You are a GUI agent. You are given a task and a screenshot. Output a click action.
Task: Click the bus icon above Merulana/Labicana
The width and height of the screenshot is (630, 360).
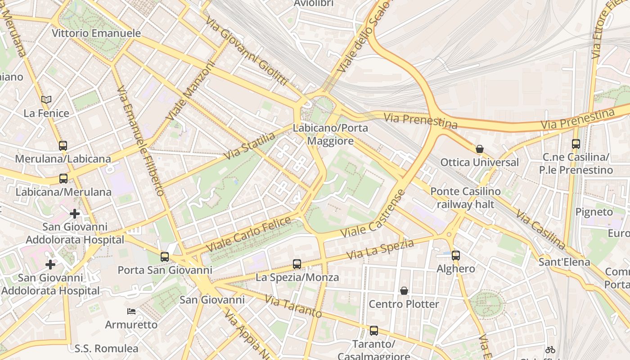point(63,145)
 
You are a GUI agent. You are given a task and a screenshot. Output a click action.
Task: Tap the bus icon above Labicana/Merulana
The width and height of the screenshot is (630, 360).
point(63,178)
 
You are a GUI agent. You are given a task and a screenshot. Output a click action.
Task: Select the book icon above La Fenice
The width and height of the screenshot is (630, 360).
point(46,99)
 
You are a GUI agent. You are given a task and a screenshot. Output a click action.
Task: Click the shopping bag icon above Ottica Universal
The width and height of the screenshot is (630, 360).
point(480,149)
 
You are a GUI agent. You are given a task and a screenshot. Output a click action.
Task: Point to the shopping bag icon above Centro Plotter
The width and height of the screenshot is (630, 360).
point(404,291)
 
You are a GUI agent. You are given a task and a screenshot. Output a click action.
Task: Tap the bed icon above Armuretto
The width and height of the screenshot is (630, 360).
point(131,311)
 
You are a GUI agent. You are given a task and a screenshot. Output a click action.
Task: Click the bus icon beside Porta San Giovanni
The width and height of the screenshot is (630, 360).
point(165,257)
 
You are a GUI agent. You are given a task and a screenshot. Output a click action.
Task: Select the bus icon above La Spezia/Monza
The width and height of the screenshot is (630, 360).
point(297,264)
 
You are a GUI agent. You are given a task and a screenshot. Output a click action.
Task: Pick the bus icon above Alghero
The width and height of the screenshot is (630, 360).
point(456,256)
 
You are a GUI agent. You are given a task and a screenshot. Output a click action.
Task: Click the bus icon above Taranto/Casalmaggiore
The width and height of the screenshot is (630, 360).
point(374,331)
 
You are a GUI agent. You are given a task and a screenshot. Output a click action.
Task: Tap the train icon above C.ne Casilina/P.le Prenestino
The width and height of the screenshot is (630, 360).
point(576,144)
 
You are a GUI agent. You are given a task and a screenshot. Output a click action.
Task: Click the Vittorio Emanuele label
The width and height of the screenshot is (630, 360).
point(96,33)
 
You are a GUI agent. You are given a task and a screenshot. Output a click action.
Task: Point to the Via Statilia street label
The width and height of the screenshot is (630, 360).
point(249,146)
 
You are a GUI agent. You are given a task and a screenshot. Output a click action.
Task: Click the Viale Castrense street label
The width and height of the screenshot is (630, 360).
point(373,215)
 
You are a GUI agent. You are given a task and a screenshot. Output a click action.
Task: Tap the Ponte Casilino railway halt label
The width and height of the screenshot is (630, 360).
point(465,198)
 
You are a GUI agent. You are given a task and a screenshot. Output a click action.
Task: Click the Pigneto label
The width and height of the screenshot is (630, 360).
point(594,212)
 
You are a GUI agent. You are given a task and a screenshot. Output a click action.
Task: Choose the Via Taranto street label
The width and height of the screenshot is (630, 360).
point(293,306)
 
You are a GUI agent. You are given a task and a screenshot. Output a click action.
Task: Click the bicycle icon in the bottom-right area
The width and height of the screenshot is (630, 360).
point(550,349)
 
